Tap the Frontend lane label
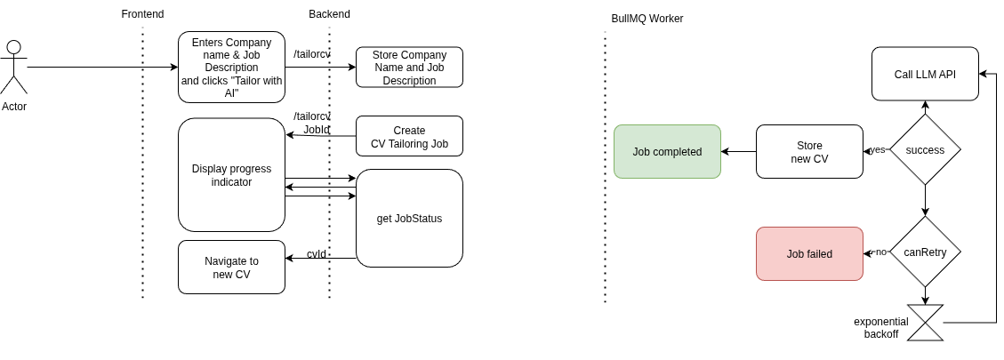pos(142,14)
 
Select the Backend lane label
pos(329,14)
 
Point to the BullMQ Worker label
pos(647,19)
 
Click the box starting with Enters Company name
pos(231,68)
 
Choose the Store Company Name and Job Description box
pos(409,68)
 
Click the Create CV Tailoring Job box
pos(409,137)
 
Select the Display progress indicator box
pos(231,175)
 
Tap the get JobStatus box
pos(409,218)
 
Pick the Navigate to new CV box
pos(231,267)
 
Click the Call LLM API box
pos(925,74)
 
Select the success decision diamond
pos(925,149)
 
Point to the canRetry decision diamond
pos(925,252)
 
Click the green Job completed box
pos(667,151)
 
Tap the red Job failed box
pos(809,253)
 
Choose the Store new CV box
pos(809,151)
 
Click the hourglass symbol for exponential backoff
pos(925,323)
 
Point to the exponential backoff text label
pos(880,327)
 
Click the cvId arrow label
pos(317,254)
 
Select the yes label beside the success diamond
pos(877,149)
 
